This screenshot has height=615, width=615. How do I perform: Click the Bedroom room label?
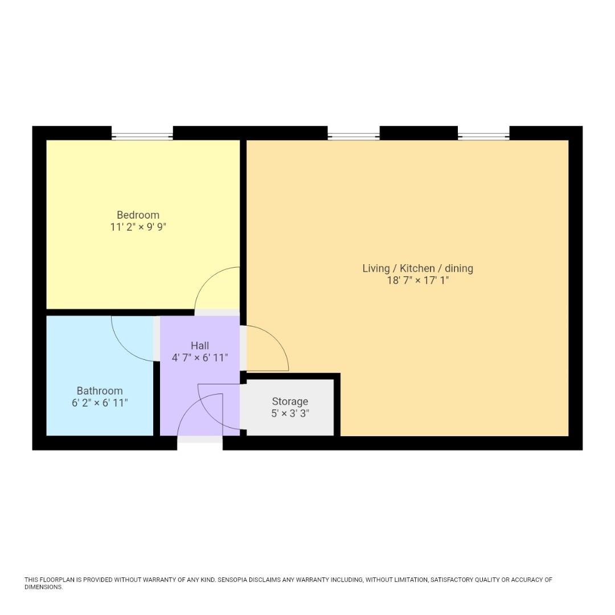[x=138, y=215]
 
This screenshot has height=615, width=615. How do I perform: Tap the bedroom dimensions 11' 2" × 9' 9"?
[x=138, y=227]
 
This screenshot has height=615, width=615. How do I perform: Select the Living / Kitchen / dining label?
[x=417, y=268]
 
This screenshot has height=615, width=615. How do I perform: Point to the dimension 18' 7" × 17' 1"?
[x=417, y=281]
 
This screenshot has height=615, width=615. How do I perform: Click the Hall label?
[x=200, y=346]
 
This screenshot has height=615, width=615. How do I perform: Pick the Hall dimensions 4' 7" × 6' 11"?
[x=200, y=358]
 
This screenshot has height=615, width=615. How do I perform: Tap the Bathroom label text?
[x=100, y=391]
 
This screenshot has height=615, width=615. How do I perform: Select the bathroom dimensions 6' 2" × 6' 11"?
[x=100, y=403]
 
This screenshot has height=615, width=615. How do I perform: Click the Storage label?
[x=290, y=401]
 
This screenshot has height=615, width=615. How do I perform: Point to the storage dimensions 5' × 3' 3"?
[x=290, y=414]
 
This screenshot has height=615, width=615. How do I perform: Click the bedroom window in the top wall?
[x=142, y=136]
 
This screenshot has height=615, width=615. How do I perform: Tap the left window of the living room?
[x=353, y=136]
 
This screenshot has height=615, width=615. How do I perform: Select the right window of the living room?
[x=483, y=136]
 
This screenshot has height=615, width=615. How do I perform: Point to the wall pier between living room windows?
[x=419, y=133]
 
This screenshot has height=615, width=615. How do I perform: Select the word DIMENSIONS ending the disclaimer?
[x=43, y=587]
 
